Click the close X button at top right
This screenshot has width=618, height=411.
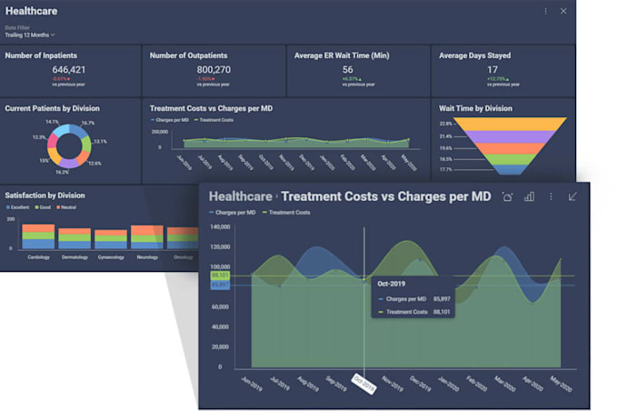(x=563, y=11)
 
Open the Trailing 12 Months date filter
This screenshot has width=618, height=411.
(x=30, y=35)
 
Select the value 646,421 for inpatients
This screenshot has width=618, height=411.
(x=69, y=70)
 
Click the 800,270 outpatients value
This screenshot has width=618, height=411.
(x=214, y=70)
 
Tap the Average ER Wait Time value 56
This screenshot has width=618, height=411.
(x=347, y=70)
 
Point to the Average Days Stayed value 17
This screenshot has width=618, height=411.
(x=493, y=70)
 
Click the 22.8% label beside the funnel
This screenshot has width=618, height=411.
(x=445, y=123)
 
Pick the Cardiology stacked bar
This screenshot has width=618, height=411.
(x=38, y=236)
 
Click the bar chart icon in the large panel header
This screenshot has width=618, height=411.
(x=529, y=196)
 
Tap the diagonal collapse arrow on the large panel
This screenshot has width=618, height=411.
(x=573, y=196)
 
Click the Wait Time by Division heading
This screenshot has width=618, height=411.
(x=475, y=108)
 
